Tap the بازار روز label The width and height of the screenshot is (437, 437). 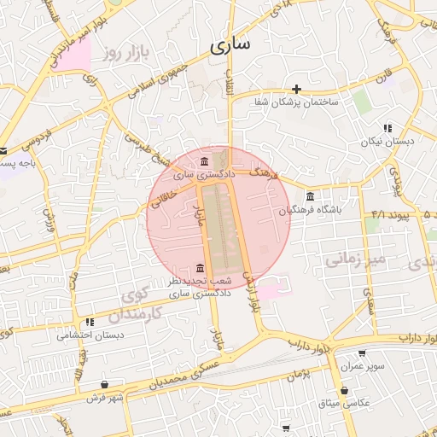click(x=122, y=54)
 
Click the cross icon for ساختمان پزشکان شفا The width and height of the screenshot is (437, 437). click(x=296, y=89)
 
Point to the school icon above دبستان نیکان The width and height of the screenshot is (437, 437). click(x=387, y=129)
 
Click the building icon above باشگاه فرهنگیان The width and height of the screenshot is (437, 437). click(x=309, y=195)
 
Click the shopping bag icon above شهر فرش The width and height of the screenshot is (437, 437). click(x=105, y=384)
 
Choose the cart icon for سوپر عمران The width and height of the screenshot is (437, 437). click(x=362, y=353)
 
